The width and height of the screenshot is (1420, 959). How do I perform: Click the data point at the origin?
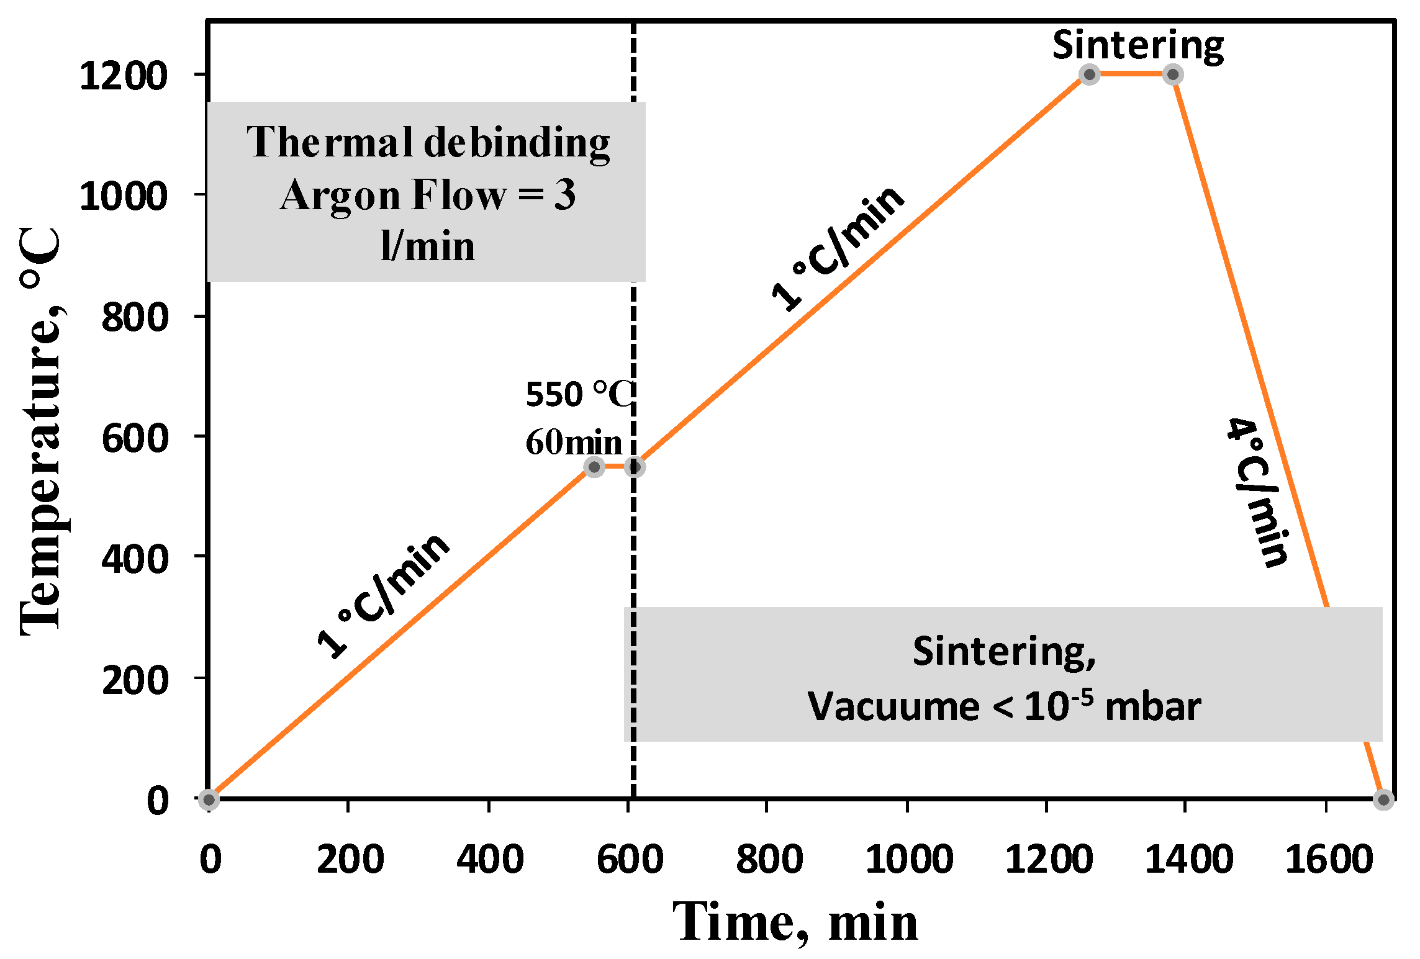209,799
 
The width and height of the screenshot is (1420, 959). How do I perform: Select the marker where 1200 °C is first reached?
1089,74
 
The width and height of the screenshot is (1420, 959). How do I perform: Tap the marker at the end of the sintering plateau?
1173,74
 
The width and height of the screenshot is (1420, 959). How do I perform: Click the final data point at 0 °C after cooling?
1383,799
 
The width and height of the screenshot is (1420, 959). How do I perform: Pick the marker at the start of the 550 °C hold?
594,467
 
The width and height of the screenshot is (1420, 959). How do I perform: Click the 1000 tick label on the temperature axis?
124,196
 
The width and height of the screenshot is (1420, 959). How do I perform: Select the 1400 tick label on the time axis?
1188,860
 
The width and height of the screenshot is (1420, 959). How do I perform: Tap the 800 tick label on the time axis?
769,860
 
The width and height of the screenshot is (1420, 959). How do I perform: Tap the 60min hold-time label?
574,443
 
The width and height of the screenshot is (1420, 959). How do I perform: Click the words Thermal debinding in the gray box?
428,143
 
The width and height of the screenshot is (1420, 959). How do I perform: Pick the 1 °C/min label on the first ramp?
383,595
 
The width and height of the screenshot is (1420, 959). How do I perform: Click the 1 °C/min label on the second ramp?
838,248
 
